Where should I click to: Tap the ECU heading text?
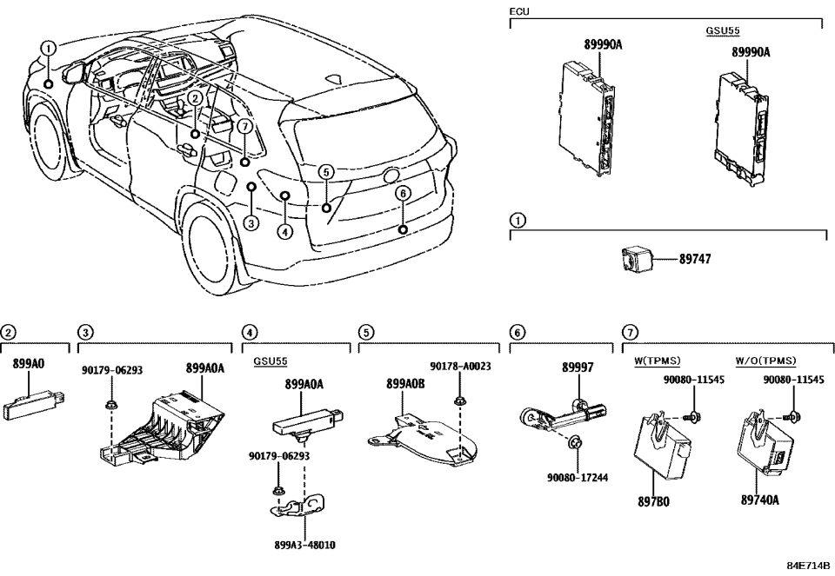click(519, 12)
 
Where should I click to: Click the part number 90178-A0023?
click(460, 367)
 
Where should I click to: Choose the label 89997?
click(577, 367)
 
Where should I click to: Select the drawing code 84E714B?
click(809, 566)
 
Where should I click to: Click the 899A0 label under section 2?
click(28, 364)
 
